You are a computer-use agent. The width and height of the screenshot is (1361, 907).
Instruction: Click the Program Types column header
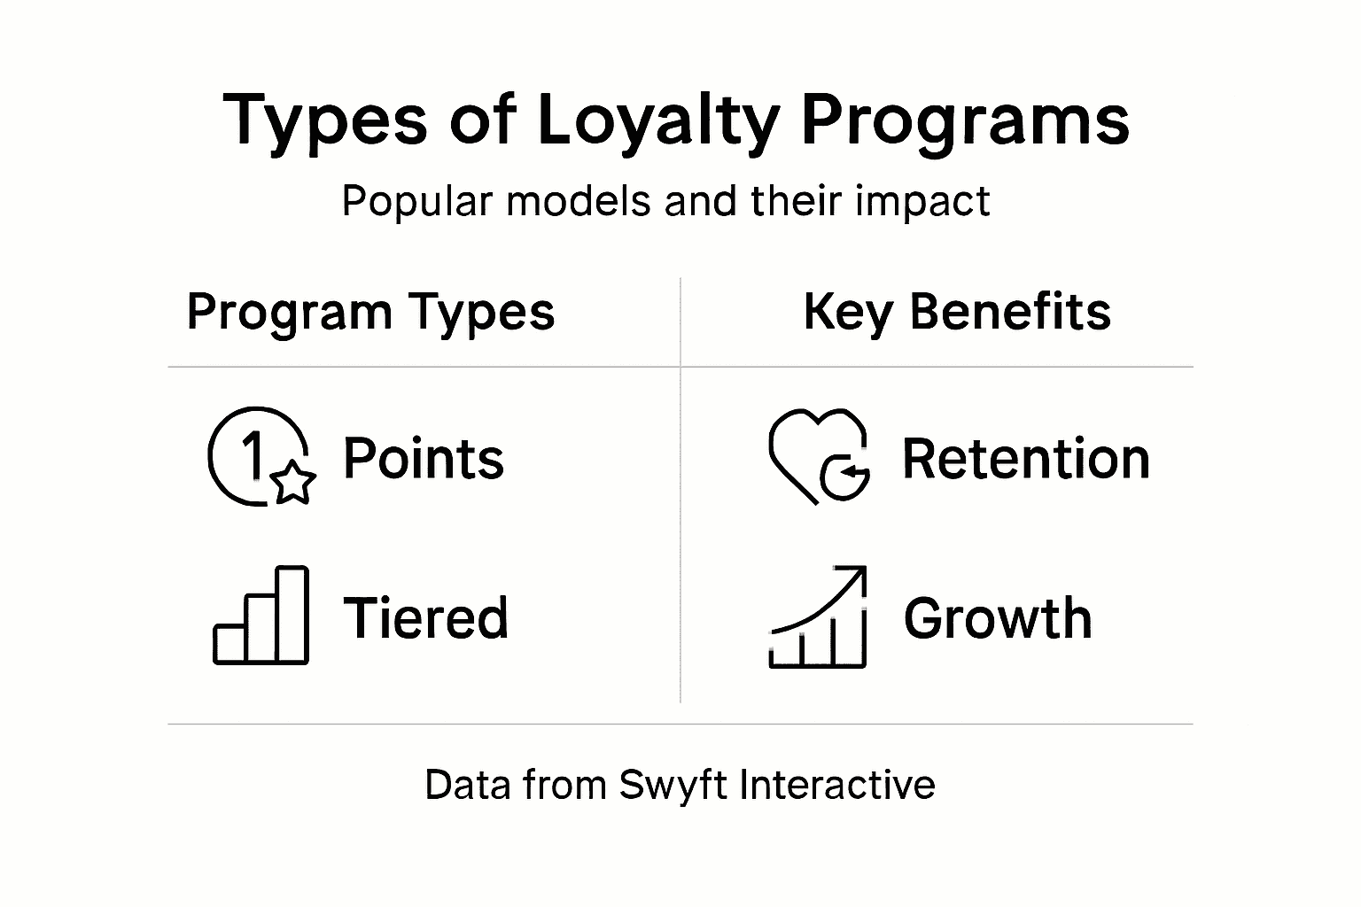click(x=370, y=313)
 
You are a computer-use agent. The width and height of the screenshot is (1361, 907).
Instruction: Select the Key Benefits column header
click(x=957, y=313)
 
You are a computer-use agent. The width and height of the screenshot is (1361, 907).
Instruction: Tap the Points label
click(x=424, y=459)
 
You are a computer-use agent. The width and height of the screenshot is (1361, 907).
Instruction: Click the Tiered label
click(x=425, y=617)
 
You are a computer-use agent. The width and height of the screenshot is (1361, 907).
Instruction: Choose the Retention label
click(x=1026, y=459)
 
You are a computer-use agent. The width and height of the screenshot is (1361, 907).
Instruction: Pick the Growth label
click(x=998, y=617)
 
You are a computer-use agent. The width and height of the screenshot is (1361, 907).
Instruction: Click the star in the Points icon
click(x=292, y=483)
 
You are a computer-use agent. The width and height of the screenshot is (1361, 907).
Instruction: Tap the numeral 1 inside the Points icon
click(x=253, y=454)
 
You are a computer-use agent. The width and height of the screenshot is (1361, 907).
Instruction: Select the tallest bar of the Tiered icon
click(x=292, y=615)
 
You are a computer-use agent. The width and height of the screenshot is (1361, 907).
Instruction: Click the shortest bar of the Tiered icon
click(x=229, y=644)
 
